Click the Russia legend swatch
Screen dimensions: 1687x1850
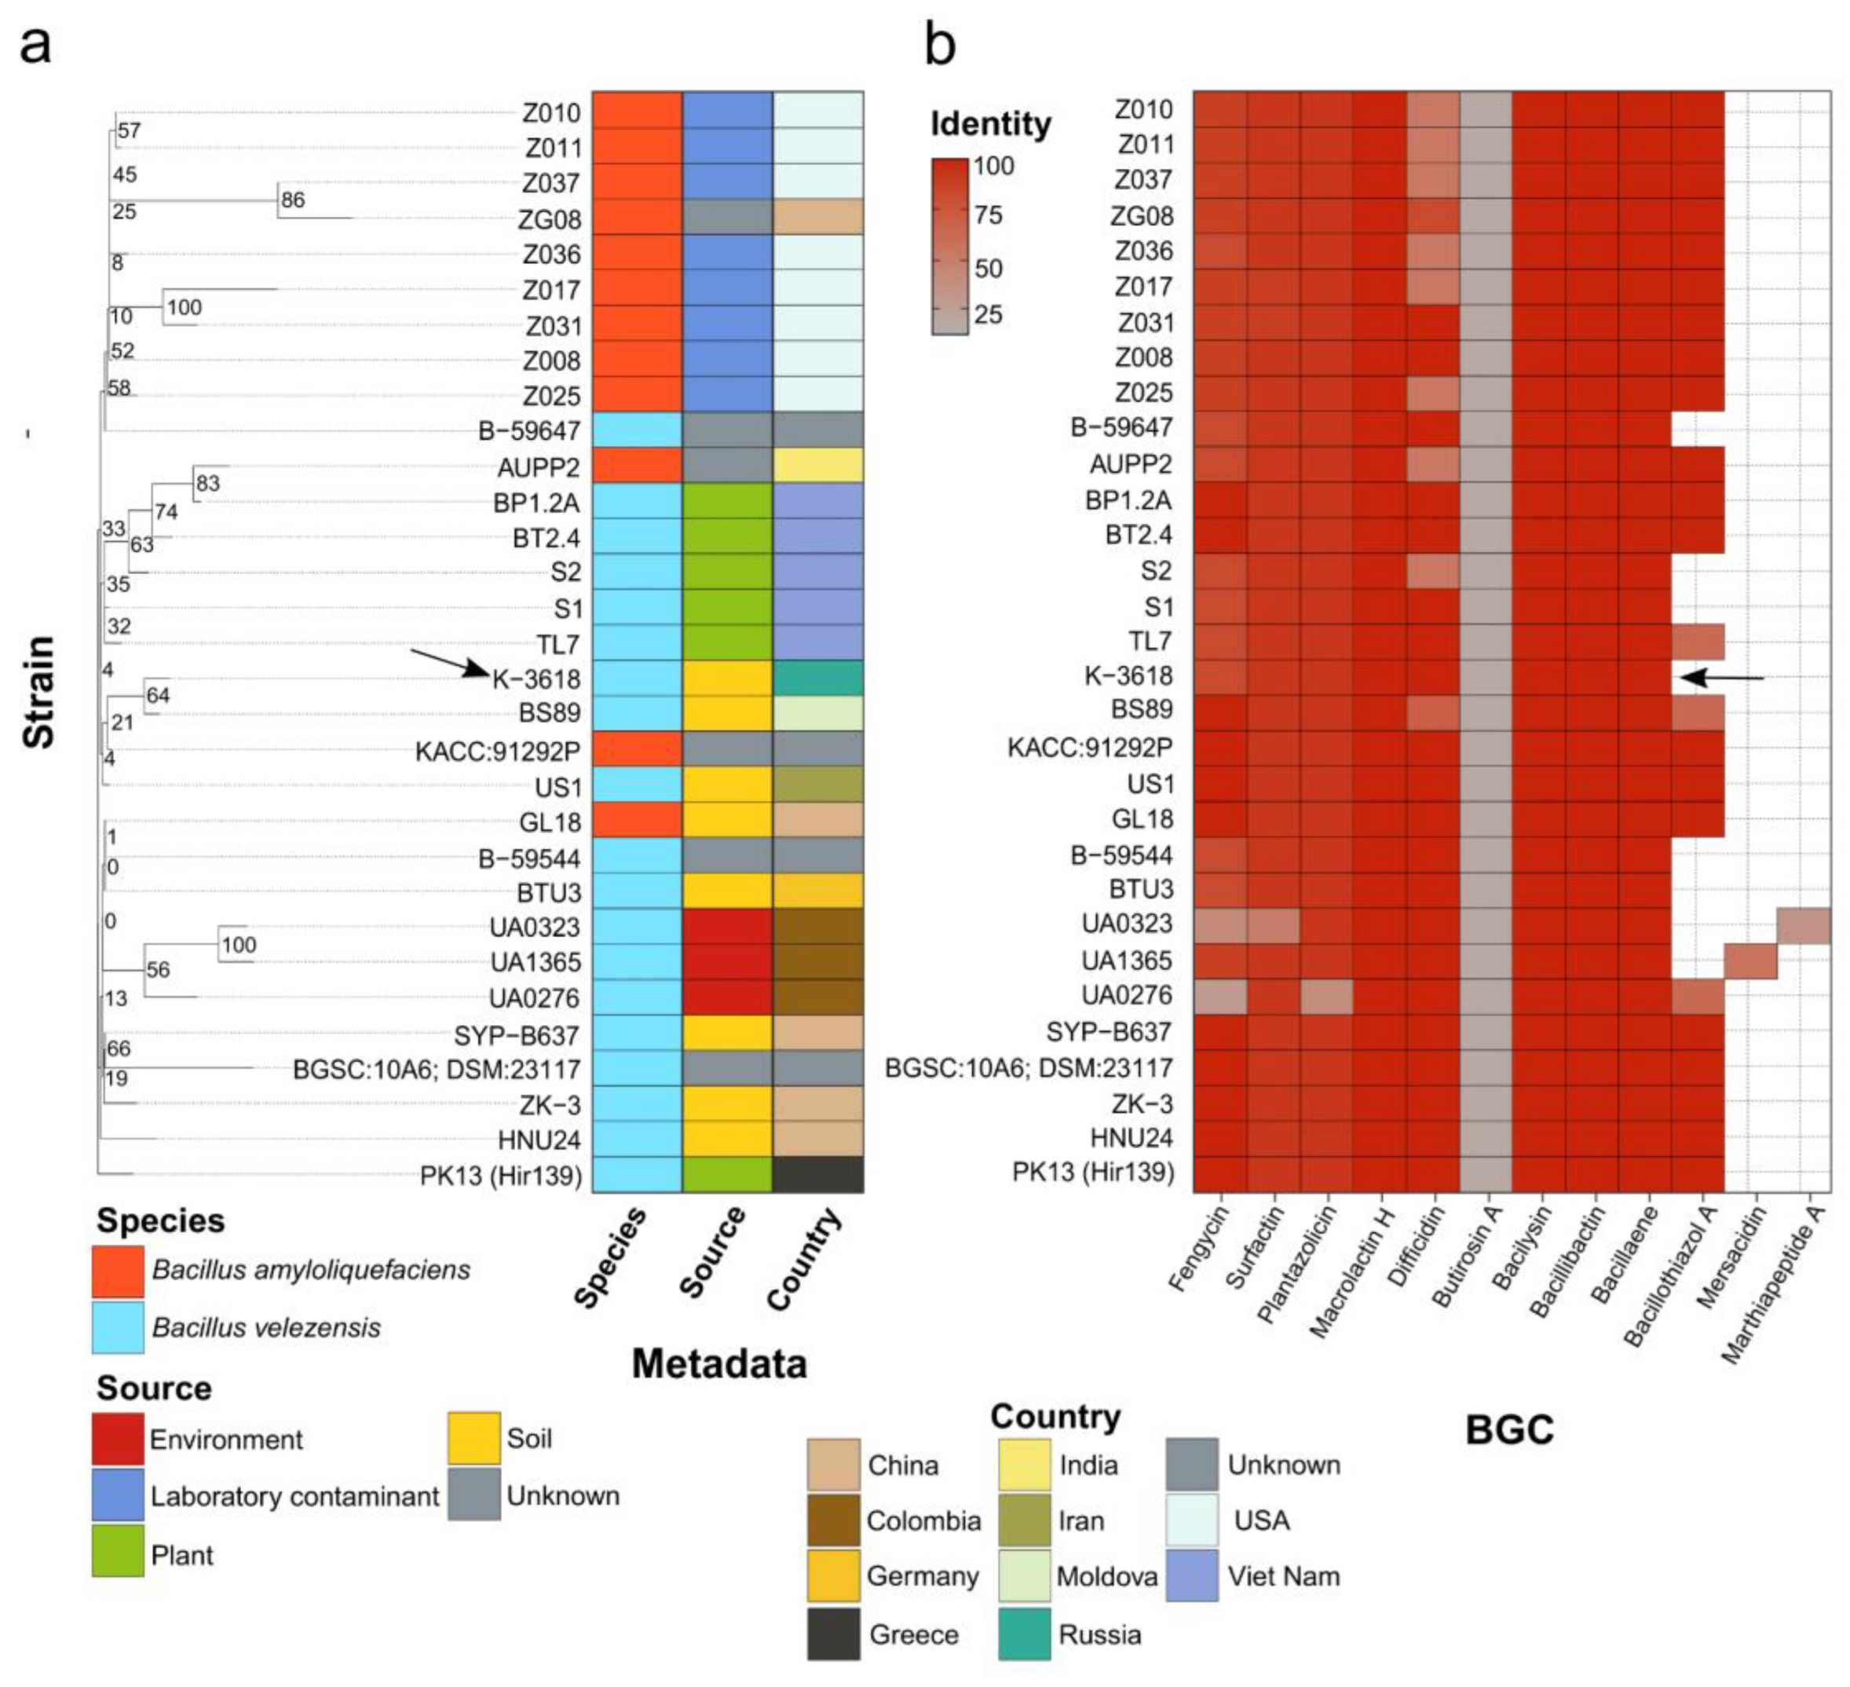1024,1634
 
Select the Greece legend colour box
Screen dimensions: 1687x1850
833,1634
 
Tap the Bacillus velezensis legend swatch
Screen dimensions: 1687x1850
118,1327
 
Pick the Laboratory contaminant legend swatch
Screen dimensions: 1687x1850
118,1495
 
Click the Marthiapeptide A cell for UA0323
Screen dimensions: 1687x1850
1803,925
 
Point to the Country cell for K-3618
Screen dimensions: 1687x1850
817,679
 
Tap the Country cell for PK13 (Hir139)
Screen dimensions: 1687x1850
817,1175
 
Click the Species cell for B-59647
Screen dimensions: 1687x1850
637,430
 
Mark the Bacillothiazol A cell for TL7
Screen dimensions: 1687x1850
1698,642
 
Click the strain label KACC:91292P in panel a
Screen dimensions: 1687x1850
497,752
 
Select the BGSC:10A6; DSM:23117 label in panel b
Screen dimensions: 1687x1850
1028,1068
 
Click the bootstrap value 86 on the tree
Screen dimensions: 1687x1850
293,200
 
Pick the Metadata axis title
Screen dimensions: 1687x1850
719,1364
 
